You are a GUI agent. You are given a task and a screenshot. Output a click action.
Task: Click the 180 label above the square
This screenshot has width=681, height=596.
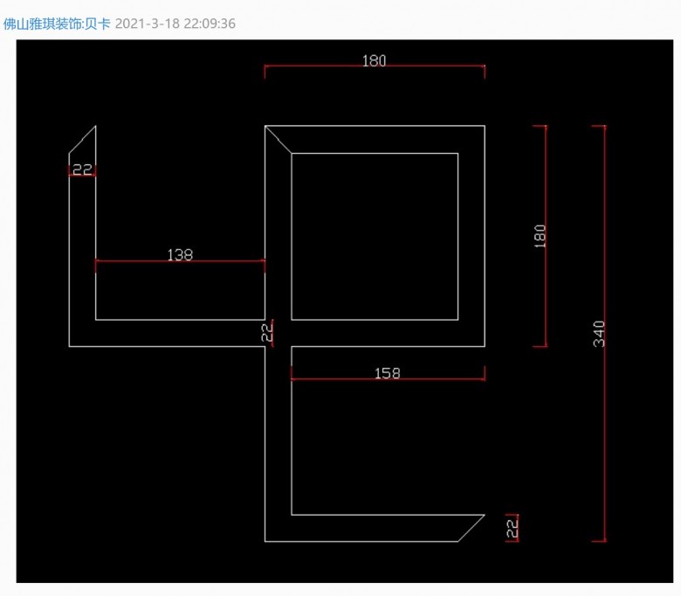(374, 60)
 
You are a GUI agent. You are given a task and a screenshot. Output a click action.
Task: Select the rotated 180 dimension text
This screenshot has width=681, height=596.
(540, 236)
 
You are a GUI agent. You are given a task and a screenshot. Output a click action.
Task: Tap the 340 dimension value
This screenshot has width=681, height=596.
(599, 334)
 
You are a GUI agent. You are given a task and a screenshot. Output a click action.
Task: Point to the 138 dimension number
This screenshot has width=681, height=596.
(180, 255)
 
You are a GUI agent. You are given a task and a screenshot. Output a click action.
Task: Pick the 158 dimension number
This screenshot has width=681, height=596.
(387, 373)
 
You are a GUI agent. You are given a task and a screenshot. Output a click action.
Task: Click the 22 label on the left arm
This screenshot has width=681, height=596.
(82, 170)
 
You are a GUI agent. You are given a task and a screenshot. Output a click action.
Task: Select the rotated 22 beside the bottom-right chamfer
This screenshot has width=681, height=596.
(512, 528)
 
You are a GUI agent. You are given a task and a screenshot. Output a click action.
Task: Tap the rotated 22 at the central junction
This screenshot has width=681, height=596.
(267, 332)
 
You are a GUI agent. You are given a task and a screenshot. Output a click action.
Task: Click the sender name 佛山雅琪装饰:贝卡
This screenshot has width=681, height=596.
(57, 24)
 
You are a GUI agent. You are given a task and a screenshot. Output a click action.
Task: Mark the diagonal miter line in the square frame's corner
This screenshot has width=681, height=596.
(278, 140)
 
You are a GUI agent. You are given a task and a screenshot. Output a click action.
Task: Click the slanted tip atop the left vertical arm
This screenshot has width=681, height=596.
(83, 140)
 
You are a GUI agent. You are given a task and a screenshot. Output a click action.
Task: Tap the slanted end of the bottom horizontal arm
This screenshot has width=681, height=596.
(471, 528)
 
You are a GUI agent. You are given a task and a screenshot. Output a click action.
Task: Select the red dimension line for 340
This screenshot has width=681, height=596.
(604, 334)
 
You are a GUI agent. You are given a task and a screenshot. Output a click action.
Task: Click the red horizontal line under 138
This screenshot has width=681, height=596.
(180, 261)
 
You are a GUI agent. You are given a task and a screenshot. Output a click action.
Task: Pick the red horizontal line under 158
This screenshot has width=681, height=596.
(388, 379)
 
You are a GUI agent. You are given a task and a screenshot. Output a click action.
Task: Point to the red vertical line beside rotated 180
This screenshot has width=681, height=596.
(546, 236)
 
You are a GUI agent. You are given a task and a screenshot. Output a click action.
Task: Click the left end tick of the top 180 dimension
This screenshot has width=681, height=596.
(265, 71)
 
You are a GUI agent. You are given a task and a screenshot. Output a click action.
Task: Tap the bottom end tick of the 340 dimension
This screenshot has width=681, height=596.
(599, 541)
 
